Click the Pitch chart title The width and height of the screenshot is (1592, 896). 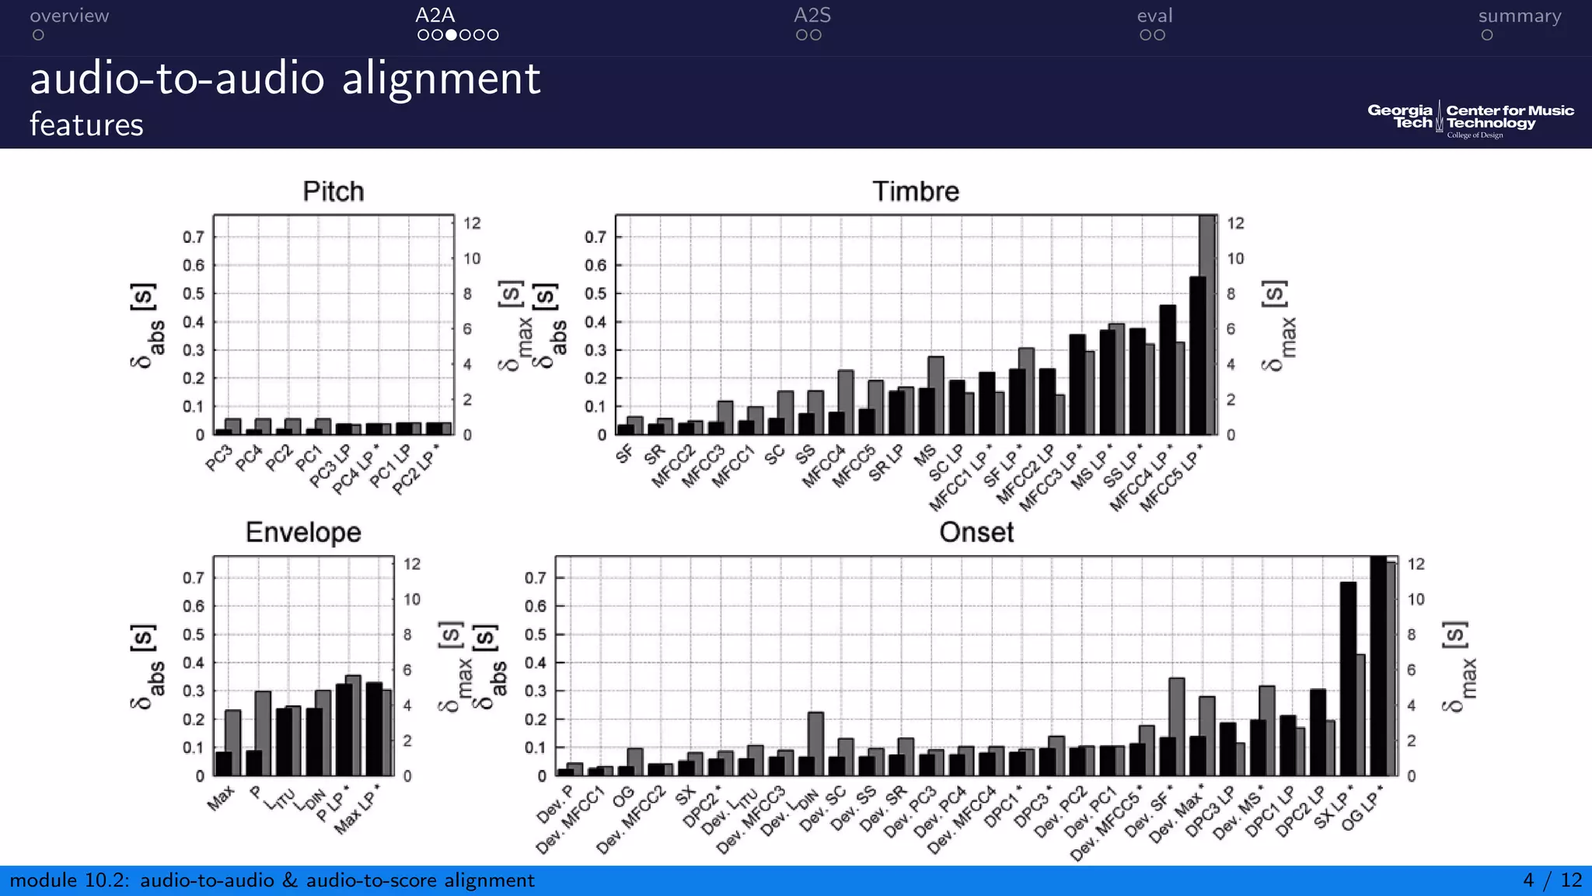click(x=333, y=191)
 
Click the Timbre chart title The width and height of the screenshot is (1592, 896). click(x=915, y=191)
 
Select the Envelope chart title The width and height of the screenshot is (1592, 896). click(x=303, y=532)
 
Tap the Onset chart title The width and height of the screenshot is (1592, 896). click(x=976, y=532)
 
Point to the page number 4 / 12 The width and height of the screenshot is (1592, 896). click(x=1552, y=880)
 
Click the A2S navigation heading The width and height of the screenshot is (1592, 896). click(x=812, y=16)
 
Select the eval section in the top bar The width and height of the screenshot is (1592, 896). click(x=1154, y=16)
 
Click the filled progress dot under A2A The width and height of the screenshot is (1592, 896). click(x=451, y=35)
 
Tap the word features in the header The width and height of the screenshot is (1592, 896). click(x=86, y=124)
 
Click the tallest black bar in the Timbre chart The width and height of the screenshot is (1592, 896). click(x=1197, y=355)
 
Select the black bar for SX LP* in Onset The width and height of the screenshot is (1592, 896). click(x=1348, y=678)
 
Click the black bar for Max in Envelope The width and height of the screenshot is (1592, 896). click(x=223, y=763)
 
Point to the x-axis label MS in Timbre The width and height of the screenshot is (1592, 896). click(x=924, y=456)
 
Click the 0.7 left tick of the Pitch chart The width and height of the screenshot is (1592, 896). click(x=194, y=237)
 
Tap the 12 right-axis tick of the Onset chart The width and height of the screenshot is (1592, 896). click(x=1416, y=564)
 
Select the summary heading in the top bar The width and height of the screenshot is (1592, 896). click(x=1519, y=16)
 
